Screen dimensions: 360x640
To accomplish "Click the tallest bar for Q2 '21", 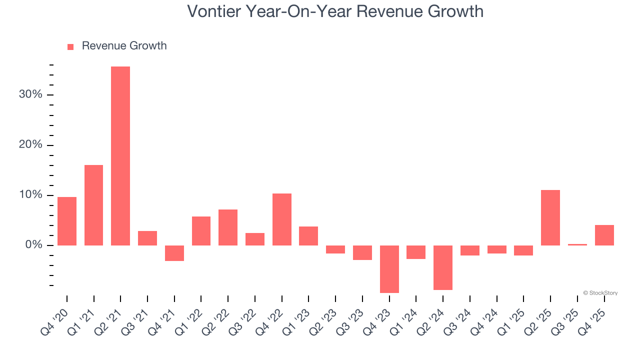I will (x=120, y=155).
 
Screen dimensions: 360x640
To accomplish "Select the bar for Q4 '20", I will (x=67, y=221).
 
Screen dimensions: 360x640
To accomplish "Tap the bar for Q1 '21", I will (x=93, y=205).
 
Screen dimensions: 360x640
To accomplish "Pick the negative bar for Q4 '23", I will (x=389, y=269).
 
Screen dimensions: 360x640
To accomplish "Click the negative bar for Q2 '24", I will (x=442, y=267).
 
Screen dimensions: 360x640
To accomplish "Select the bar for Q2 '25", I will (x=550, y=217).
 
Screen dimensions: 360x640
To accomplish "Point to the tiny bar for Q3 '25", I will (x=577, y=244).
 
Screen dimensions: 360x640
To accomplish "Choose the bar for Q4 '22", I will (x=281, y=219).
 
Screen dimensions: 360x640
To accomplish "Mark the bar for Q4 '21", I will (x=174, y=253).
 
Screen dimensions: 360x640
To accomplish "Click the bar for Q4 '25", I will (x=604, y=235).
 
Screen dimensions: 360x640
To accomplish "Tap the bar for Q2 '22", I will (x=228, y=227).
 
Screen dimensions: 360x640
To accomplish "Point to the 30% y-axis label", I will (x=30, y=94).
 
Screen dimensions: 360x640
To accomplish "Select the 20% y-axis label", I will (x=30, y=145).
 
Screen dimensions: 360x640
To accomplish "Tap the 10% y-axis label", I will (x=30, y=195).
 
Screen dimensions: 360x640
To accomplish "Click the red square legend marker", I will (x=70, y=46).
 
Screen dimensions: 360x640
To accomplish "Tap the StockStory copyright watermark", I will (x=600, y=293).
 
